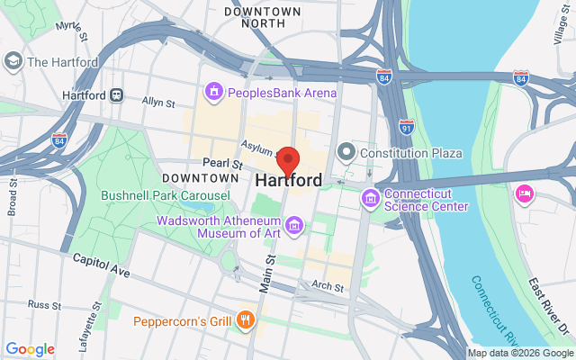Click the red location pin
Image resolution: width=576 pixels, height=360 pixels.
point(288,160)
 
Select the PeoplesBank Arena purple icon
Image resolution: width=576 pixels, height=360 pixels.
point(213,92)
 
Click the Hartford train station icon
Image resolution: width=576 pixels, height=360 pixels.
point(117,95)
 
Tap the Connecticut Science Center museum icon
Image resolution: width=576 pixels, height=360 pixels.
point(369,197)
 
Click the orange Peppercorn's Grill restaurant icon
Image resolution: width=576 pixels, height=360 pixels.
point(244,321)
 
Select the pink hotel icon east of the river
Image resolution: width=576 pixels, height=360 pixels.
point(524,193)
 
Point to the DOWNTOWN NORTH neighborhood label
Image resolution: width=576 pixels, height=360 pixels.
point(262,18)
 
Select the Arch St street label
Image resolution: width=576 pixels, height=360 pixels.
point(328,287)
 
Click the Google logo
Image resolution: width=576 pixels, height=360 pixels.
point(30,349)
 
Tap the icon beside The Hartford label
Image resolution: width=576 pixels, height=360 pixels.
point(13,61)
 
